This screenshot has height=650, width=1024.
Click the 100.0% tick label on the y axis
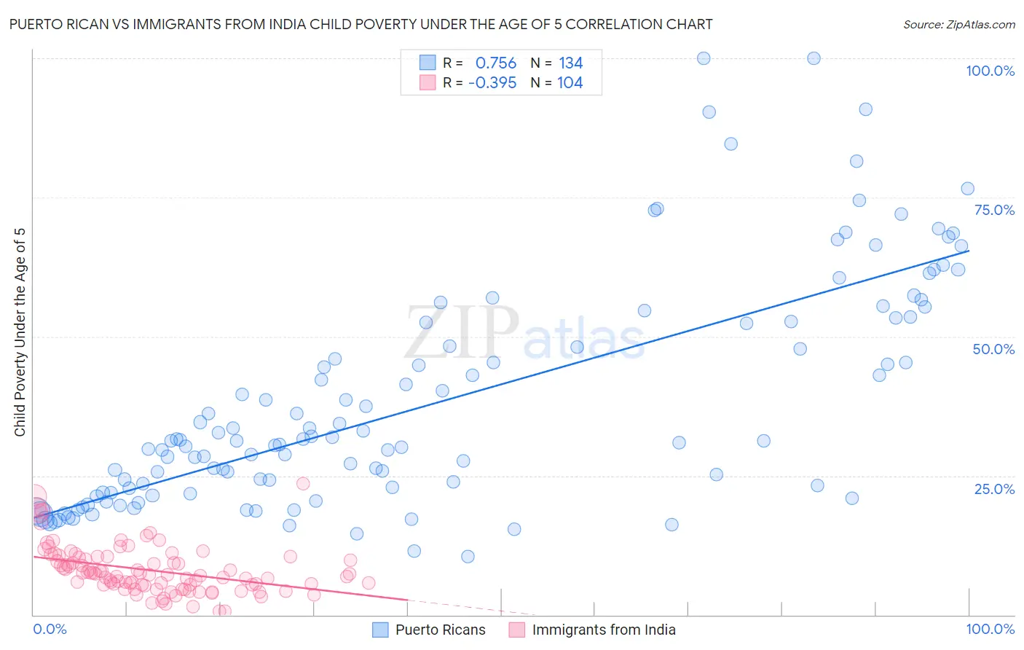point(990,71)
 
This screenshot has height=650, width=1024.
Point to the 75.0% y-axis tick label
point(994,210)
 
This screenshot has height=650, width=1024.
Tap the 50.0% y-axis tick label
point(993,349)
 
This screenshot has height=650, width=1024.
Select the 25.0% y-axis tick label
point(994,488)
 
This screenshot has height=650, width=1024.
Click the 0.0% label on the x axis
point(50,629)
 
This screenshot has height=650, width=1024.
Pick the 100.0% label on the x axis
point(990,629)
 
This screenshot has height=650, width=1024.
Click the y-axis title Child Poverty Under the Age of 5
point(20,332)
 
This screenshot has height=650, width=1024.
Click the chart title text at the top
point(361,24)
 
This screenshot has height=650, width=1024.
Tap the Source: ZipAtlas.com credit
point(958,24)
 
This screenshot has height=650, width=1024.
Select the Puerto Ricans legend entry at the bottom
point(440,630)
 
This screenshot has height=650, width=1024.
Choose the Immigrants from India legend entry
point(603,630)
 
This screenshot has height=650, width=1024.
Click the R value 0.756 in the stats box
point(495,63)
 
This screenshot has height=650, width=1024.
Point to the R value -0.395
point(492,83)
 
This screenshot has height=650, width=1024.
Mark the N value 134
point(570,63)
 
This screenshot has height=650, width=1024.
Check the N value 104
point(570,83)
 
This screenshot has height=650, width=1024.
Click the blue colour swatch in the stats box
point(428,63)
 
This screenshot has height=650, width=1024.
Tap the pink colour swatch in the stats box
point(428,82)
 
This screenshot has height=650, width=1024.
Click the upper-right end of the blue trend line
point(969,250)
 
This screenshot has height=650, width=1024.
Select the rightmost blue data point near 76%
point(967,189)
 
